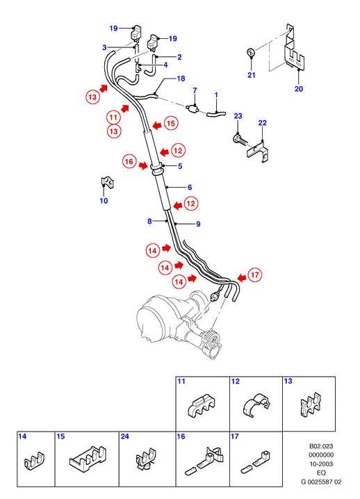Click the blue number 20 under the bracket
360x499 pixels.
click(299, 89)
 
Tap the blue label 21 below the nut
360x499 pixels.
click(252, 75)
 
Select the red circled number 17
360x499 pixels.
click(254, 275)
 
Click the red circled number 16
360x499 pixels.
click(129, 162)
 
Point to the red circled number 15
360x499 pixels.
click(171, 123)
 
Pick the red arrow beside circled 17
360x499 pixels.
click(242, 278)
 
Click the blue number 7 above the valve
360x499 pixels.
click(195, 91)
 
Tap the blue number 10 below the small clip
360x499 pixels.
click(104, 201)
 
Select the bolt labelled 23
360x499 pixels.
click(240, 140)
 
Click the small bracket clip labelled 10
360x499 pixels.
click(107, 182)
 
